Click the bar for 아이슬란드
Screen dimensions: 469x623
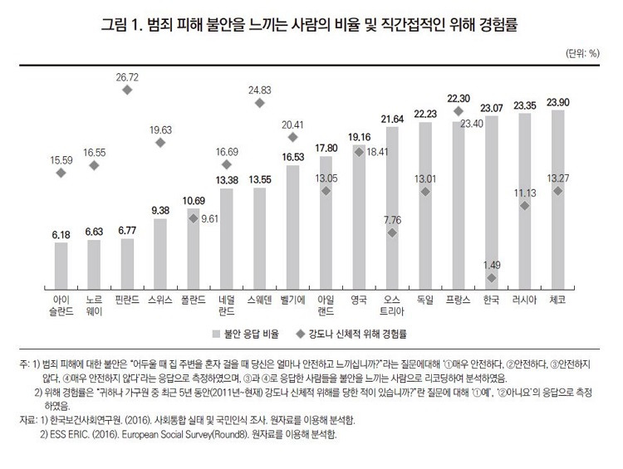pyautogui.click(x=61, y=262)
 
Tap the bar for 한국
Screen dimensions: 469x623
pyautogui.click(x=492, y=199)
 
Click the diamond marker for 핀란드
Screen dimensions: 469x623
pyautogui.click(x=127, y=90)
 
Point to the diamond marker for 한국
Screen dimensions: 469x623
pyautogui.click(x=492, y=278)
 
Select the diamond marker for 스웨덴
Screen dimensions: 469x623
pyautogui.click(x=259, y=103)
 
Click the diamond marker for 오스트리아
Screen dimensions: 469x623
pyautogui.click(x=392, y=233)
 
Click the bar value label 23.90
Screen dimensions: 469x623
pyautogui.click(x=557, y=103)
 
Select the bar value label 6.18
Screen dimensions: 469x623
pyautogui.click(x=61, y=235)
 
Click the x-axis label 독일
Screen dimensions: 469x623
pyautogui.click(x=425, y=297)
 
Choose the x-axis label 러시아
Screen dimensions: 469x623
pyautogui.click(x=524, y=297)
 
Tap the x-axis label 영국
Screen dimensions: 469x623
pyautogui.click(x=359, y=297)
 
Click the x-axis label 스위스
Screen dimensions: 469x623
pyautogui.click(x=160, y=297)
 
